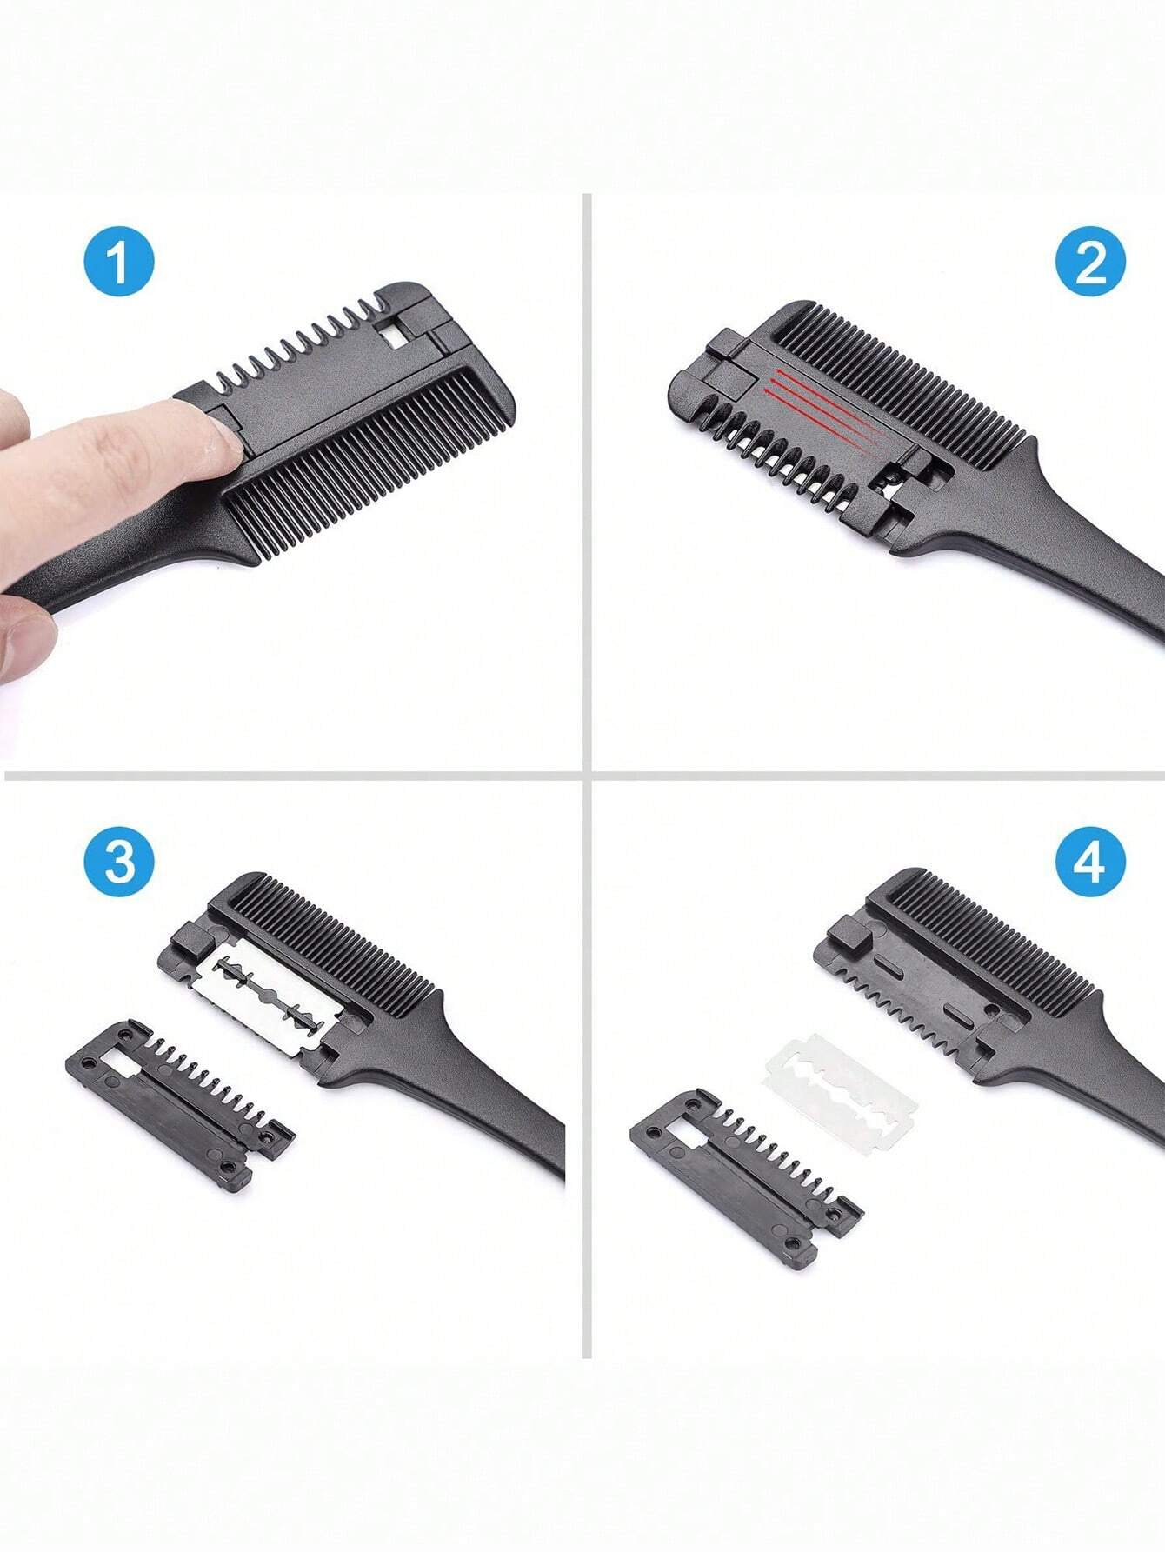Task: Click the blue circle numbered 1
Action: click(x=119, y=262)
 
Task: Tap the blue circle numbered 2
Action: click(x=1090, y=262)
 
